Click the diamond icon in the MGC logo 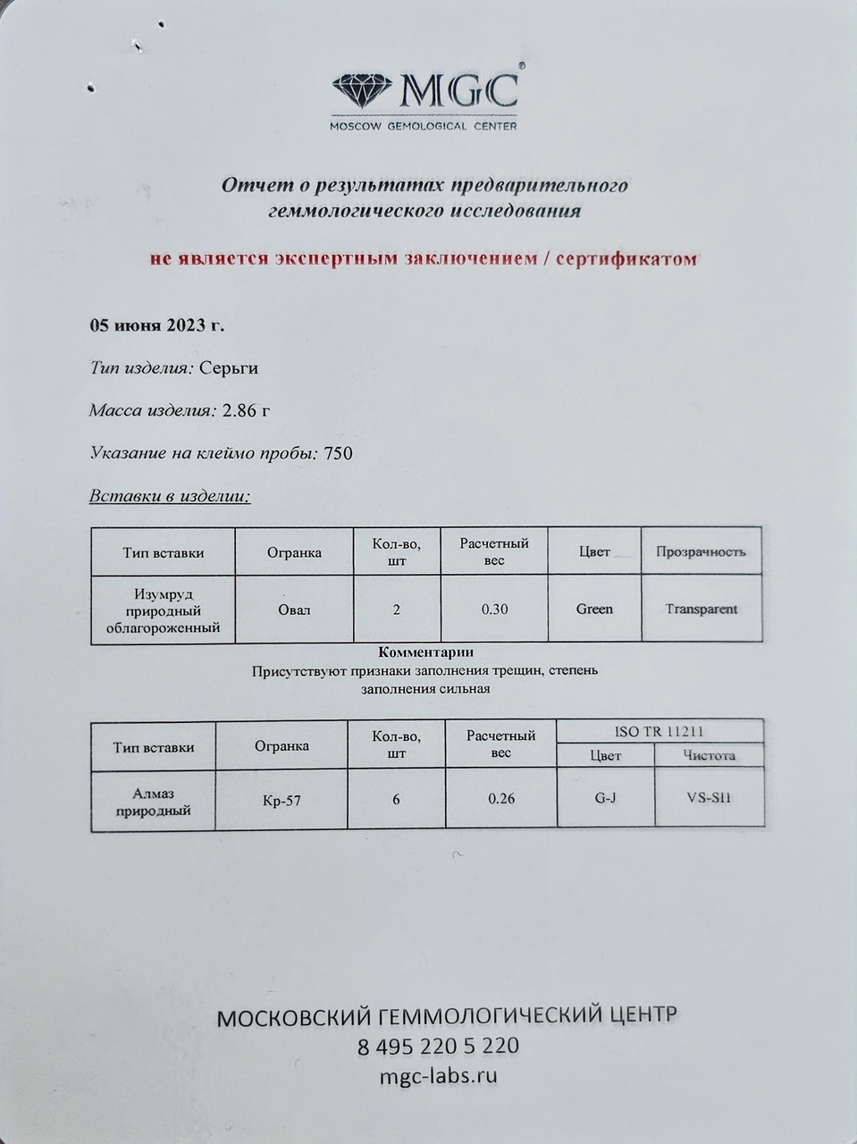coord(363,90)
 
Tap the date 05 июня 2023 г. coord(156,324)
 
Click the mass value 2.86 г coord(246,410)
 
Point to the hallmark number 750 coord(338,453)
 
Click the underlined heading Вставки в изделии coord(170,496)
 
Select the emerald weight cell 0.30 coord(494,610)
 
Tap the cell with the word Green coord(594,609)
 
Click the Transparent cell coord(702,609)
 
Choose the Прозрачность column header coord(701,551)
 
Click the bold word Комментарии coord(426,652)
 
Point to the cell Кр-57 coord(281,801)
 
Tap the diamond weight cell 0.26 coord(501,799)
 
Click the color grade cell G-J coord(605,797)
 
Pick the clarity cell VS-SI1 coord(709,797)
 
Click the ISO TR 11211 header coord(660,731)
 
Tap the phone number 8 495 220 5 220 coord(438,1046)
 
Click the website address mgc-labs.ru coord(438,1075)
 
